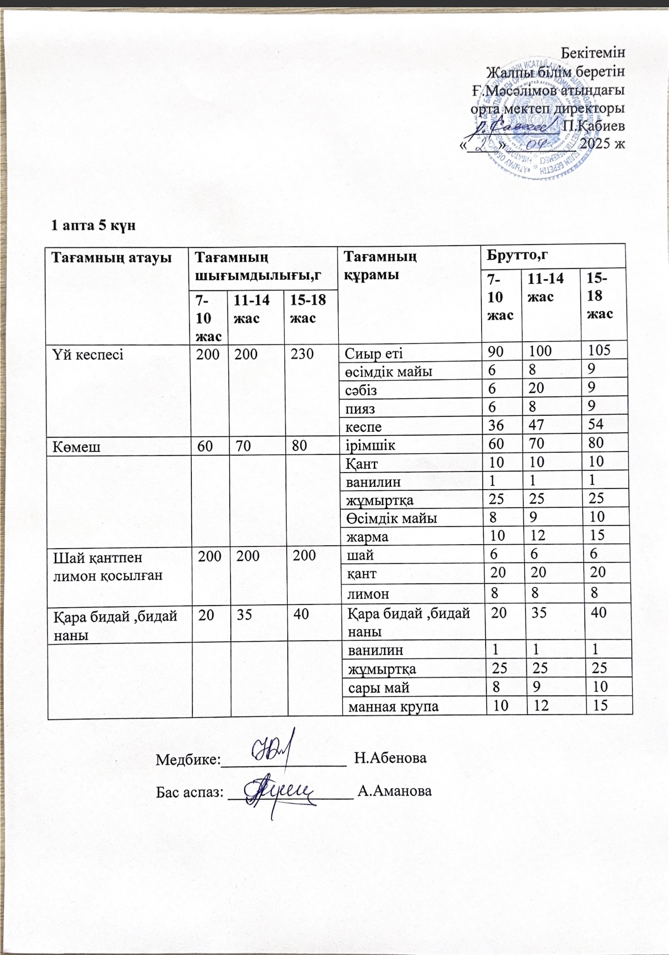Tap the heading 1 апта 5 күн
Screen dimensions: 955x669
(94, 225)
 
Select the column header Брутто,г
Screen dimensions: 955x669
(516, 255)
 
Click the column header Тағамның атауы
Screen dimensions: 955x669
(111, 257)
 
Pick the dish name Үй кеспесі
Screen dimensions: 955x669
(88, 355)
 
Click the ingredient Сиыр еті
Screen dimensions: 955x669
(374, 354)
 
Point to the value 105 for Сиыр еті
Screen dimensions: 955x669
(599, 350)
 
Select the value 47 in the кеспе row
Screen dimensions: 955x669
(536, 424)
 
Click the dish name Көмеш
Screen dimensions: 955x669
(77, 447)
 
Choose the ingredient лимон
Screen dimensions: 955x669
(368, 594)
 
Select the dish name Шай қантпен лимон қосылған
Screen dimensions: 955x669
(107, 566)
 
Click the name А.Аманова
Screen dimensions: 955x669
(395, 790)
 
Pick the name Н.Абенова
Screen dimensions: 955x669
(390, 758)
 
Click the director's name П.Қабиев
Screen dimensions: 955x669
(593, 125)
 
